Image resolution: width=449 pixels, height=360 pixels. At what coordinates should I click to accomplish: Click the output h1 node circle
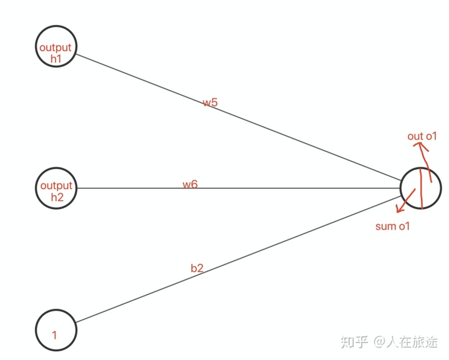[x=56, y=46]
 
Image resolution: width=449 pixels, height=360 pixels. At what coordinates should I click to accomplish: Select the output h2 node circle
[x=56, y=188]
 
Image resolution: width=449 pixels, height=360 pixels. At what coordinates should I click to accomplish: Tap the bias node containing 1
[x=56, y=329]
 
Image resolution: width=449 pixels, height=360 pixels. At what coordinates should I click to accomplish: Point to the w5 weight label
[x=210, y=102]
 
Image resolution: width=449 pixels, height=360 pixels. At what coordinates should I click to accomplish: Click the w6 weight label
[x=190, y=184]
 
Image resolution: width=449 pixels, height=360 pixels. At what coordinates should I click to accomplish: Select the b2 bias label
[x=197, y=268]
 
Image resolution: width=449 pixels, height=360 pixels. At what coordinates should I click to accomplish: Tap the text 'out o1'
[x=423, y=136]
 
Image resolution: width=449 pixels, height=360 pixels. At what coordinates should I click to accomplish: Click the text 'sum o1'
[x=393, y=226]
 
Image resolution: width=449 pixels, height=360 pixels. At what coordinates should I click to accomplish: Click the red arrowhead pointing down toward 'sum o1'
[x=400, y=209]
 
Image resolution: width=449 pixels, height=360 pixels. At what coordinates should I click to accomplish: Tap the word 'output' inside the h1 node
[x=56, y=48]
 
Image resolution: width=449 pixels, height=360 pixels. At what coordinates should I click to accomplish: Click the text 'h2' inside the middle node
[x=57, y=196]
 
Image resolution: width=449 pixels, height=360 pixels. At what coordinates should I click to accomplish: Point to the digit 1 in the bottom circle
[x=54, y=335]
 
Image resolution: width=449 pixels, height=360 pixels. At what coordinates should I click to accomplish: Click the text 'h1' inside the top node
[x=57, y=57]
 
